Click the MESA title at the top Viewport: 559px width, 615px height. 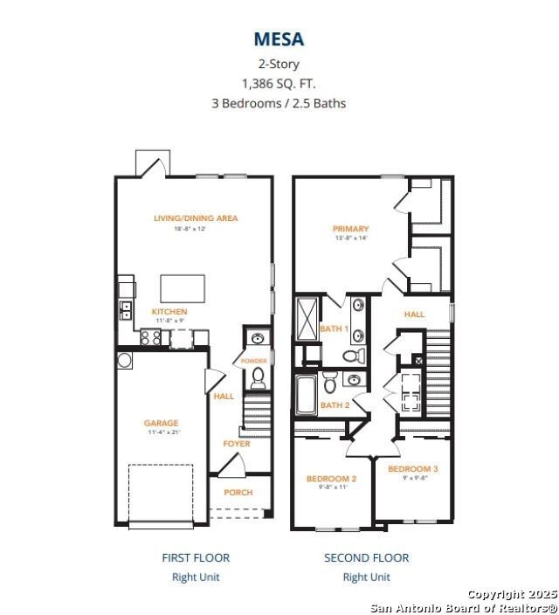[x=279, y=38]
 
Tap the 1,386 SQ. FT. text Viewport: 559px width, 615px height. [x=279, y=83]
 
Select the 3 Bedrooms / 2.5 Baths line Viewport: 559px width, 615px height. [x=279, y=103]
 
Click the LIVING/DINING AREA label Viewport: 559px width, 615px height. [x=196, y=218]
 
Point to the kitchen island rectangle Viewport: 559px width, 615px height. [x=183, y=288]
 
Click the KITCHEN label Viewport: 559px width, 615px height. [x=169, y=312]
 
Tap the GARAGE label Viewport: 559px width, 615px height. [x=161, y=424]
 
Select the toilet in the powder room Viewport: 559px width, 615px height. [x=258, y=378]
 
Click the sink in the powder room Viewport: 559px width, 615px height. [x=257, y=339]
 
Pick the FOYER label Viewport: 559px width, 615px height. [x=236, y=444]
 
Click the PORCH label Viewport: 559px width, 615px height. [x=238, y=493]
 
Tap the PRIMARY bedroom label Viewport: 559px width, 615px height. [x=350, y=229]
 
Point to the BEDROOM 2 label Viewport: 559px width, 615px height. [x=331, y=479]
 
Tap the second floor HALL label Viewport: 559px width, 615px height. [x=414, y=314]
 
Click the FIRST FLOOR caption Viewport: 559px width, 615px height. [x=196, y=557]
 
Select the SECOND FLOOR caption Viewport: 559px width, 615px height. [x=366, y=557]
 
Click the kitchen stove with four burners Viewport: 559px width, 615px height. [x=150, y=337]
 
